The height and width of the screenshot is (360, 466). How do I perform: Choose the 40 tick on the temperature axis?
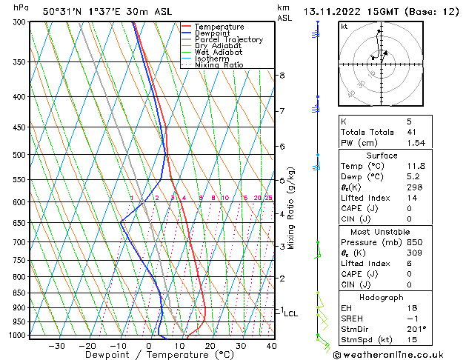271,345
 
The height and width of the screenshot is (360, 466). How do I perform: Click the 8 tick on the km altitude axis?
282,76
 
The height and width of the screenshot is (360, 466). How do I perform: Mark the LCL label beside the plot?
291,314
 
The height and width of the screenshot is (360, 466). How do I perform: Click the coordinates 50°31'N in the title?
63,11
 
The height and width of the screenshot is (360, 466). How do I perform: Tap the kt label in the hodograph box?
344,26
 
